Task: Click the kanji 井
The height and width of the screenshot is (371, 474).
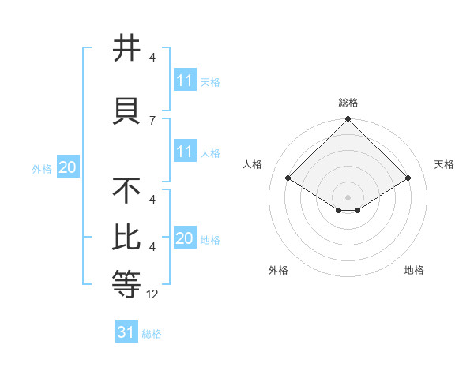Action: click(127, 49)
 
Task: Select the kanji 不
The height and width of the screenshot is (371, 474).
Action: click(127, 190)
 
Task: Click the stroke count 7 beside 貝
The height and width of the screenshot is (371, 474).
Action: click(152, 120)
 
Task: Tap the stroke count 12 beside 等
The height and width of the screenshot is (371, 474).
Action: click(153, 294)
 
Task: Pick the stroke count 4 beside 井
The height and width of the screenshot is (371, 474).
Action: click(152, 58)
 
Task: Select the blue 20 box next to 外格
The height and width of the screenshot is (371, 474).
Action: click(68, 167)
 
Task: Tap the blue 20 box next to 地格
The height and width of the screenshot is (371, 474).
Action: click(185, 238)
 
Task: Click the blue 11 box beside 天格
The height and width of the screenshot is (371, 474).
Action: click(185, 81)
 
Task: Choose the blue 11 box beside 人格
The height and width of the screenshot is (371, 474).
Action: click(185, 152)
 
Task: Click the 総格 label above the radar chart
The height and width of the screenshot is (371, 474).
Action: click(348, 103)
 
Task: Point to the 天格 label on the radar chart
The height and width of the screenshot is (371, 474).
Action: click(444, 164)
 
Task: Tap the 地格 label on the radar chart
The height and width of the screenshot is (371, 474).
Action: click(414, 270)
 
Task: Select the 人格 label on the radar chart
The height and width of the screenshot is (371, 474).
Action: click(253, 164)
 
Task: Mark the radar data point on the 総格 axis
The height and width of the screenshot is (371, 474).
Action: click(348, 119)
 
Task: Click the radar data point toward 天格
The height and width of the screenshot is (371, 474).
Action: click(408, 178)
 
